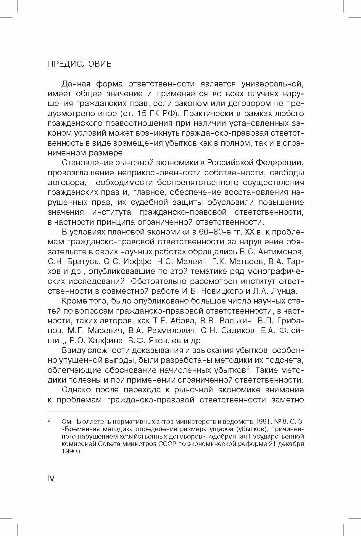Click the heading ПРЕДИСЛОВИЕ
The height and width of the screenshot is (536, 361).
click(80, 64)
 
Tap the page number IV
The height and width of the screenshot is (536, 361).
click(51, 478)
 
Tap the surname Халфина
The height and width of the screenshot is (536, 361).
click(107, 340)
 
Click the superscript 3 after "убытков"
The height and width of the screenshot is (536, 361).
click(248, 368)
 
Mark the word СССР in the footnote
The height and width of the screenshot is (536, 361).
click(167, 444)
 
